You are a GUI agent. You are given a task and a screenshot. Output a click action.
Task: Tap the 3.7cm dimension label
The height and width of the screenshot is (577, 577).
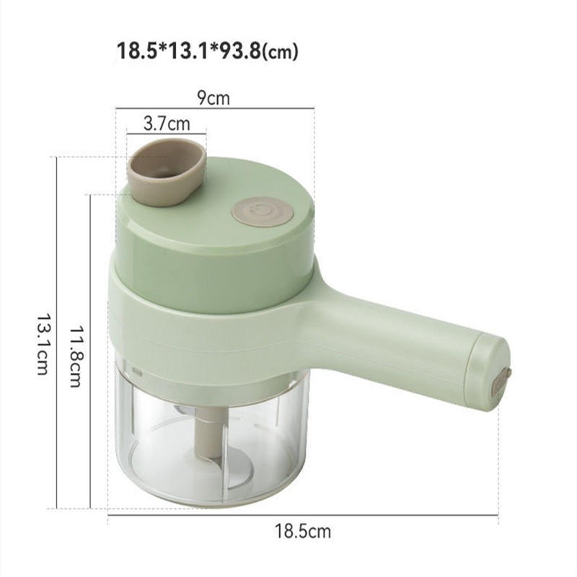tap(167, 123)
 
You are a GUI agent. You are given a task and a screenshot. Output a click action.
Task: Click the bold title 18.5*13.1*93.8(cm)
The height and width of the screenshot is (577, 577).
tap(207, 52)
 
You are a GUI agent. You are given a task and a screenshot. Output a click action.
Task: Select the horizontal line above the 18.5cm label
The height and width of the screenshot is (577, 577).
tap(303, 514)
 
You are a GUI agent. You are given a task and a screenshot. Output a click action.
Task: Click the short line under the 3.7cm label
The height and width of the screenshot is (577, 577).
tap(167, 133)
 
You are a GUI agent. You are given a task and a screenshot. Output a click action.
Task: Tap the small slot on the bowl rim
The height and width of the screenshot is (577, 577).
tap(136, 371)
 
